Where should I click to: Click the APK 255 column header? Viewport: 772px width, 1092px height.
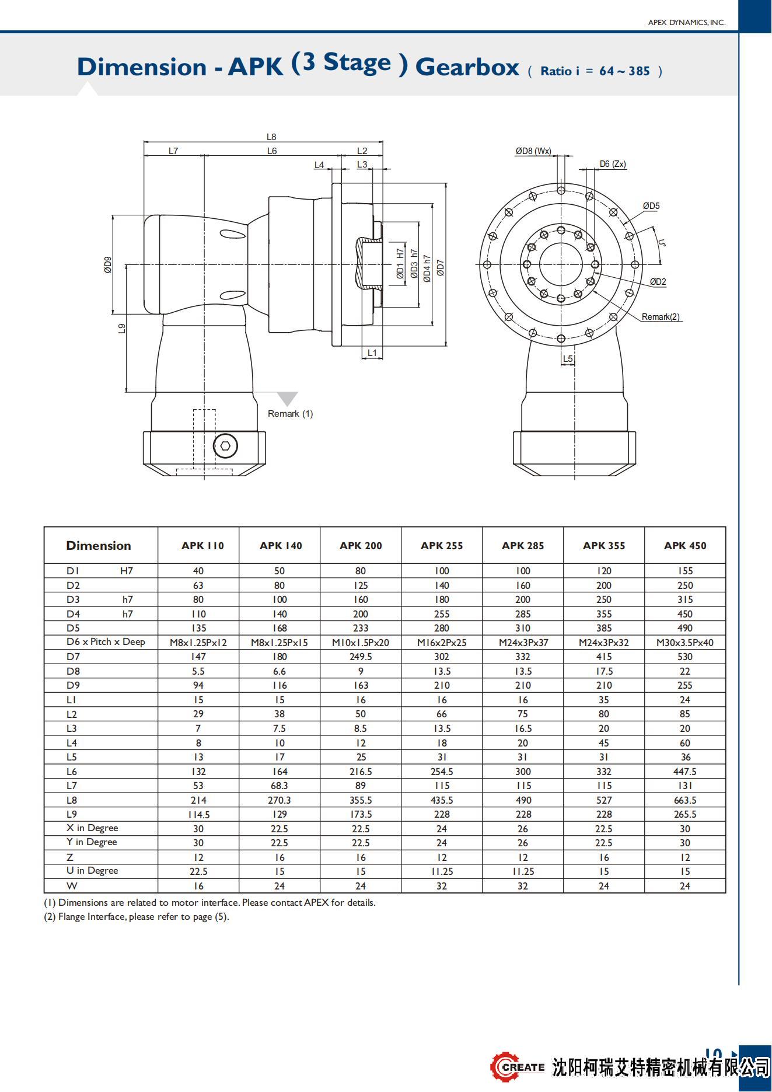[x=442, y=546]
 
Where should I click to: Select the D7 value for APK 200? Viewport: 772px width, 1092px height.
[x=361, y=657]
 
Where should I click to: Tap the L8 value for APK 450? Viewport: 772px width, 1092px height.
[x=684, y=800]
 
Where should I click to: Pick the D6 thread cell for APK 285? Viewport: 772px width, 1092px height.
[x=523, y=643]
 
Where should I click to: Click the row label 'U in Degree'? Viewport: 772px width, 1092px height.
[x=92, y=871]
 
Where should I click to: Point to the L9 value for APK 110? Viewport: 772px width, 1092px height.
[x=198, y=815]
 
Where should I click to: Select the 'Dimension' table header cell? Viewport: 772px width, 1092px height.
[x=99, y=546]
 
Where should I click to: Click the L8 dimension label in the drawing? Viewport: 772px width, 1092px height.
[x=271, y=137]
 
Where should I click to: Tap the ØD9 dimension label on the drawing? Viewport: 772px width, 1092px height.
[x=108, y=265]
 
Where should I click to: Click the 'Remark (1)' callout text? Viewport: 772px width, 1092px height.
[x=290, y=414]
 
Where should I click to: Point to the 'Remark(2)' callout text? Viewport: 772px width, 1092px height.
[x=661, y=317]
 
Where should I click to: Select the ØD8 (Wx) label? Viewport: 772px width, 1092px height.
[x=533, y=151]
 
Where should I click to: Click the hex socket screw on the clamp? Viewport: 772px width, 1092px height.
[x=225, y=446]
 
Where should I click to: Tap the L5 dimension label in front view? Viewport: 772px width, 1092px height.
[x=568, y=359]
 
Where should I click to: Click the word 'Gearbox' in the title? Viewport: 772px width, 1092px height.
[x=467, y=67]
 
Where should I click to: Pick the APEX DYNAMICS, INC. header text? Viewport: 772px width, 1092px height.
[x=686, y=23]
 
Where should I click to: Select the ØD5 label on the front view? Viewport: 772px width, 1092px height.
[x=651, y=206]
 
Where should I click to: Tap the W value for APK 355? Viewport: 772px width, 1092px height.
[x=603, y=886]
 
